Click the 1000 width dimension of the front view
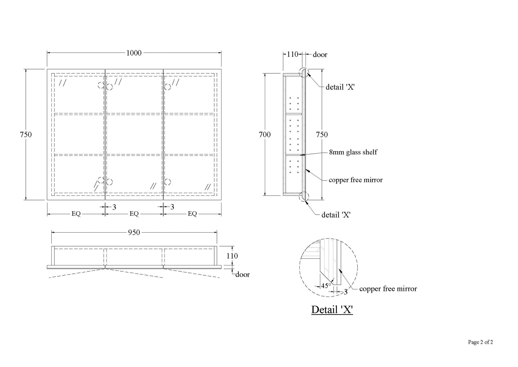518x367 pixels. (x=134, y=53)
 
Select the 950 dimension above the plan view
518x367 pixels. (x=134, y=233)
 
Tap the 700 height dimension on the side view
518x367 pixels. (x=265, y=134)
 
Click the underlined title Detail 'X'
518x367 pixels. (x=332, y=310)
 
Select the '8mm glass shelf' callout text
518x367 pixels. (x=353, y=152)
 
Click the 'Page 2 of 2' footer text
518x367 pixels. (x=480, y=342)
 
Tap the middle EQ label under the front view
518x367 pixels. (x=134, y=214)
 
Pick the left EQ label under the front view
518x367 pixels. (x=76, y=214)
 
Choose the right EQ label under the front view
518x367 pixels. (x=192, y=214)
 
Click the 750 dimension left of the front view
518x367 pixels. (x=26, y=134)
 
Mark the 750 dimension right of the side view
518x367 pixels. (x=322, y=134)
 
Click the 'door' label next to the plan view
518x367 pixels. (x=242, y=274)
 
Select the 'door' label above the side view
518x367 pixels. (x=320, y=55)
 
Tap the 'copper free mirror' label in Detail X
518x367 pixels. (x=388, y=289)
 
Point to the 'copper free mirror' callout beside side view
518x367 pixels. (x=356, y=180)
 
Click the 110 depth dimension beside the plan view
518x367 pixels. (x=232, y=256)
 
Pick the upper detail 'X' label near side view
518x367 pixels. (x=340, y=87)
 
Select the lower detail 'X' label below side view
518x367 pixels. (x=336, y=215)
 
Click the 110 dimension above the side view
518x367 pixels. (x=293, y=54)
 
